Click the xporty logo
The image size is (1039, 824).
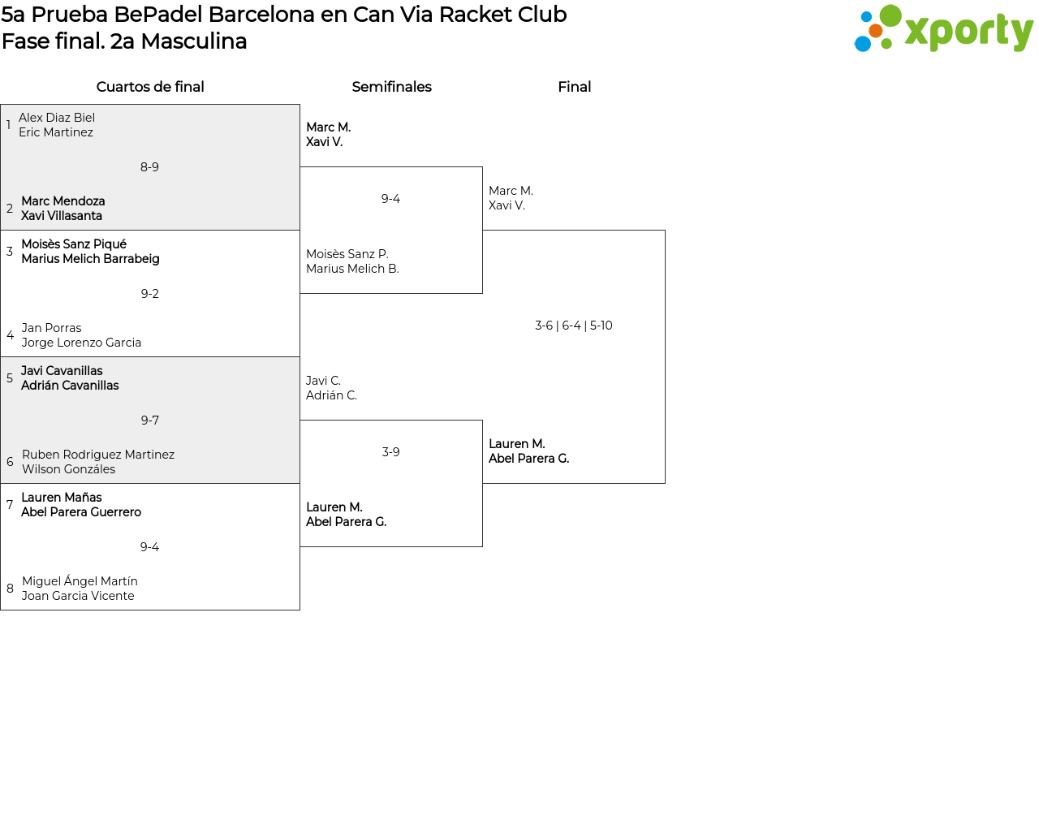tap(943, 30)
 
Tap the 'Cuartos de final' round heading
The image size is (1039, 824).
tap(150, 87)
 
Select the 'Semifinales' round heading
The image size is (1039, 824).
tap(391, 87)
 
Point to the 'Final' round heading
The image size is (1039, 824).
tap(574, 87)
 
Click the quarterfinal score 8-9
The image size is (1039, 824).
tap(149, 167)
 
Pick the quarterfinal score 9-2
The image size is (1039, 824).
tap(149, 294)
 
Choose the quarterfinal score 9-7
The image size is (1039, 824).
tap(149, 421)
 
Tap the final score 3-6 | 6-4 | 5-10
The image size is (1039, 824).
tap(573, 326)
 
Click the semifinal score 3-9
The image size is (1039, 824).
tap(390, 452)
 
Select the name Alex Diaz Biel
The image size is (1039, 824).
tap(57, 118)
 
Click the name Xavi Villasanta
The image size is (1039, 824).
tap(62, 216)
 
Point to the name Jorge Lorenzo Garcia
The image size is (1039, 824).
tap(81, 343)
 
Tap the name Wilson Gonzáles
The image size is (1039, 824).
tap(68, 469)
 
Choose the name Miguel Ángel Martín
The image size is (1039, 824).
tap(80, 581)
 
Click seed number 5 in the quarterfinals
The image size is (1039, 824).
tap(10, 378)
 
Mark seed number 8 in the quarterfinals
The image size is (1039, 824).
tap(10, 589)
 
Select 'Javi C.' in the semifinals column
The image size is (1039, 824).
tap(323, 381)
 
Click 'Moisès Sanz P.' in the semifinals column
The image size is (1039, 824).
tap(347, 254)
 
